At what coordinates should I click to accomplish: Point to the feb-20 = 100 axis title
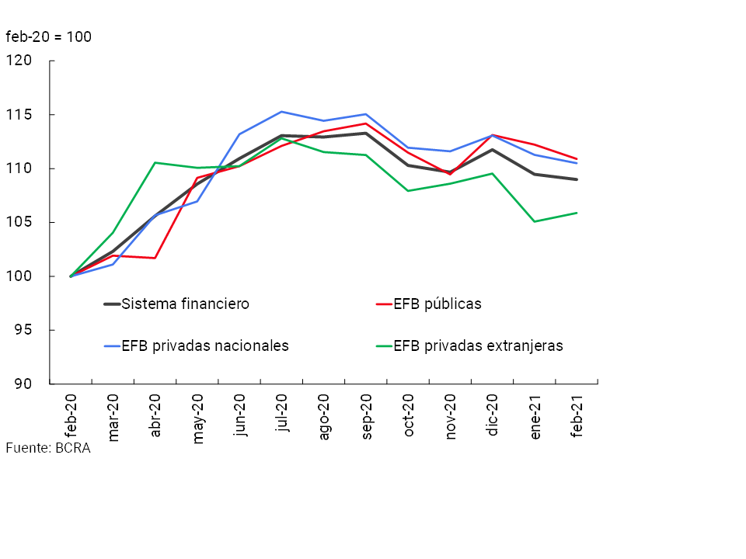[x=48, y=36]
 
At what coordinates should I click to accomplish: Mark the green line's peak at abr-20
[x=155, y=162]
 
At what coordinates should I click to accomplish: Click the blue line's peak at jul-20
[x=281, y=112]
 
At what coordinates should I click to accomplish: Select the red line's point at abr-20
[x=155, y=258]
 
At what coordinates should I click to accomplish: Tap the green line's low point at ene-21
[x=535, y=221]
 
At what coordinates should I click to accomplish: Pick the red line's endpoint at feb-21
[x=577, y=158]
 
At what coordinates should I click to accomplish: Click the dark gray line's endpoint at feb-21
[x=577, y=179]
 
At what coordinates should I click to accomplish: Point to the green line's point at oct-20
[x=408, y=191]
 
